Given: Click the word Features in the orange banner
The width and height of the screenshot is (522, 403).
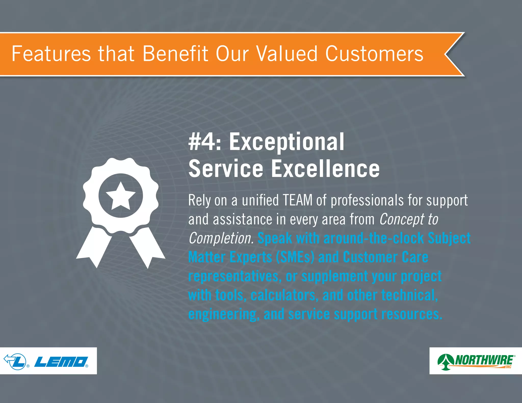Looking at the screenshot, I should pyautogui.click(x=51, y=54).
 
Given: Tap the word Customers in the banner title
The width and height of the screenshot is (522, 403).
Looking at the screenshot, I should pyautogui.click(x=374, y=54).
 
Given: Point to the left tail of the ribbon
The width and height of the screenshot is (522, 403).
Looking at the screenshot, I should pyautogui.click(x=94, y=247).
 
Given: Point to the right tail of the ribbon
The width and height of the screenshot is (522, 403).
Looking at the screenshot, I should pyautogui.click(x=147, y=247).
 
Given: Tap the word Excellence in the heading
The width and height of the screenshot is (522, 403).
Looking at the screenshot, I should pyautogui.click(x=325, y=169).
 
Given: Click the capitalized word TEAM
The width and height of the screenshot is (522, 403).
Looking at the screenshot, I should pyautogui.click(x=297, y=200).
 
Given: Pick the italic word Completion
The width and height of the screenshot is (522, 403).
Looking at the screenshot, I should pyautogui.click(x=221, y=238).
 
